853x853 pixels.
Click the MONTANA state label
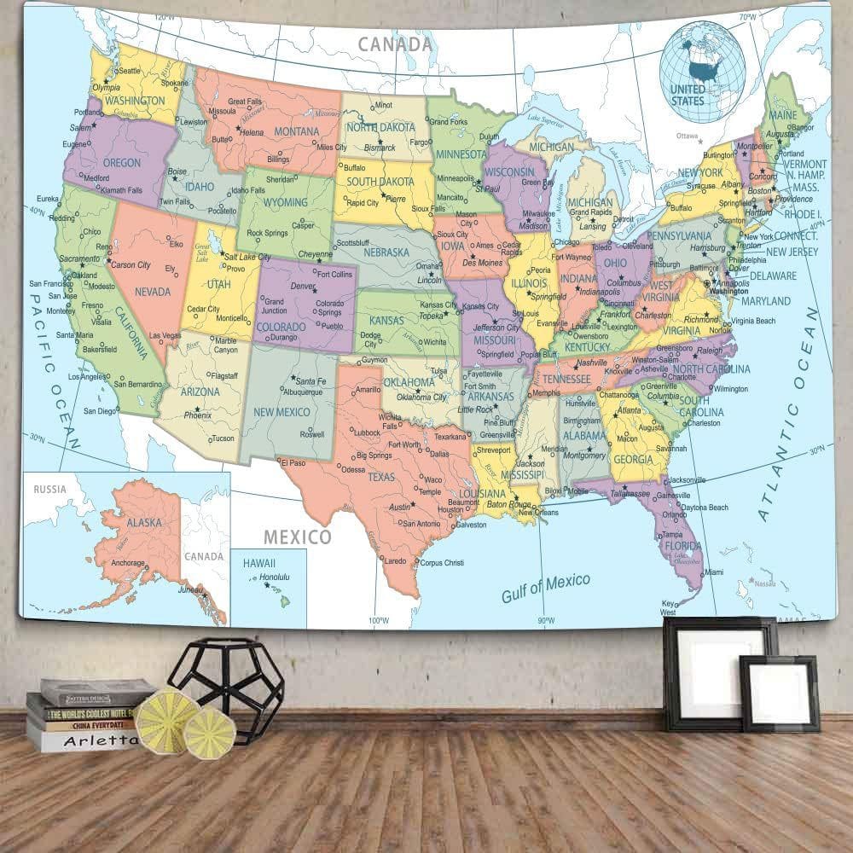pyautogui.click(x=296, y=132)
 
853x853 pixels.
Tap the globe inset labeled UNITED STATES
pyautogui.click(x=701, y=61)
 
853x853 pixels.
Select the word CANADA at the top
pyautogui.click(x=394, y=44)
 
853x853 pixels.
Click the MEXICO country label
pyautogui.click(x=296, y=537)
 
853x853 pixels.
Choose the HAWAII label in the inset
pyautogui.click(x=258, y=563)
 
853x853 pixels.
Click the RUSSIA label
pyautogui.click(x=49, y=490)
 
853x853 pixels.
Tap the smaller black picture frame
pyautogui.click(x=779, y=693)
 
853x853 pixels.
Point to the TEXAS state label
pyautogui.click(x=381, y=477)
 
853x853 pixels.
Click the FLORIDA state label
pyautogui.click(x=683, y=546)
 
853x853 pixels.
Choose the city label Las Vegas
pyautogui.click(x=165, y=336)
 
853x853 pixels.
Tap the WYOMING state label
pyautogui.click(x=285, y=202)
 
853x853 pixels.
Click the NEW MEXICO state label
pyautogui.click(x=281, y=412)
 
